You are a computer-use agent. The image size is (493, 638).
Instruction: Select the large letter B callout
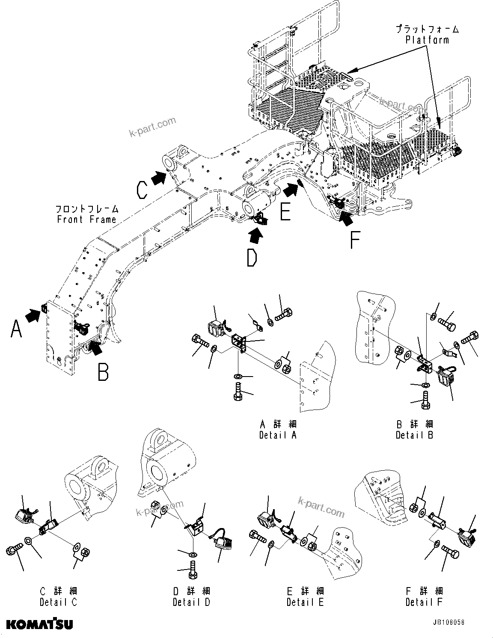tap(103, 371)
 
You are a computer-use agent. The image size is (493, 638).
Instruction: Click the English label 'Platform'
tap(427, 40)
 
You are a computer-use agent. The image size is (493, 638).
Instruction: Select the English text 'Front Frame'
tap(87, 220)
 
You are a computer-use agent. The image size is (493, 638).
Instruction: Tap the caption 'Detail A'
tap(278, 435)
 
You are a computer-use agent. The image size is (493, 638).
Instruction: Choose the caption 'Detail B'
tap(414, 435)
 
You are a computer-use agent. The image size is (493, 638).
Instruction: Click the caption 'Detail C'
tap(59, 602)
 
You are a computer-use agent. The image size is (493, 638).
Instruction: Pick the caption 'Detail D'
tap(191, 602)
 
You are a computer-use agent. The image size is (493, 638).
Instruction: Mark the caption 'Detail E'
tap(305, 602)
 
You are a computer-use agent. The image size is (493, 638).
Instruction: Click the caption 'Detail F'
tap(424, 602)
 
